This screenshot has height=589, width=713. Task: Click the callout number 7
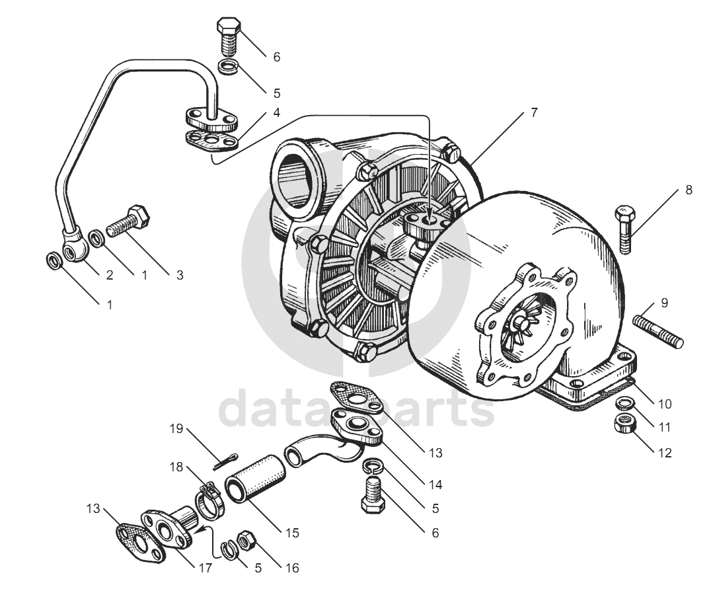point(533,112)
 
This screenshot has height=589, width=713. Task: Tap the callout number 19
point(175,430)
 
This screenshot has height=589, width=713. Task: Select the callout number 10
point(664,403)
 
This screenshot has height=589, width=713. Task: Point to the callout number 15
point(291,532)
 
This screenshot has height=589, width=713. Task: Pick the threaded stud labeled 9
point(658,333)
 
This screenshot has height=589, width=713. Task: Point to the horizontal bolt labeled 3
point(128,223)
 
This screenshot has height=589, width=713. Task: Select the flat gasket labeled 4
point(210,141)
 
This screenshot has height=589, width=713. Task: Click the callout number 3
point(179,275)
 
